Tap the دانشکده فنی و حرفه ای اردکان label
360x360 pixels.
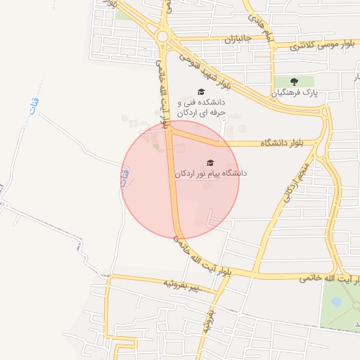[200, 107]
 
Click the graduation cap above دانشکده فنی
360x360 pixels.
[200, 92]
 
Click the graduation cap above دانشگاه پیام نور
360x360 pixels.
[210, 162]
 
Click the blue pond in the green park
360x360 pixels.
[336, 302]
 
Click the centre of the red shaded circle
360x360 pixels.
[180, 180]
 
